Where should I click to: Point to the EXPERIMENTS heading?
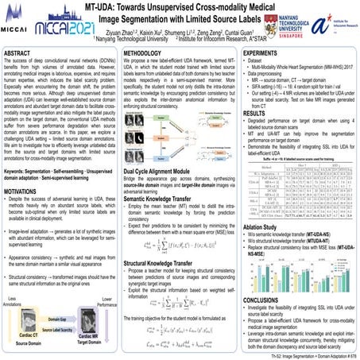click(x=266, y=51)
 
